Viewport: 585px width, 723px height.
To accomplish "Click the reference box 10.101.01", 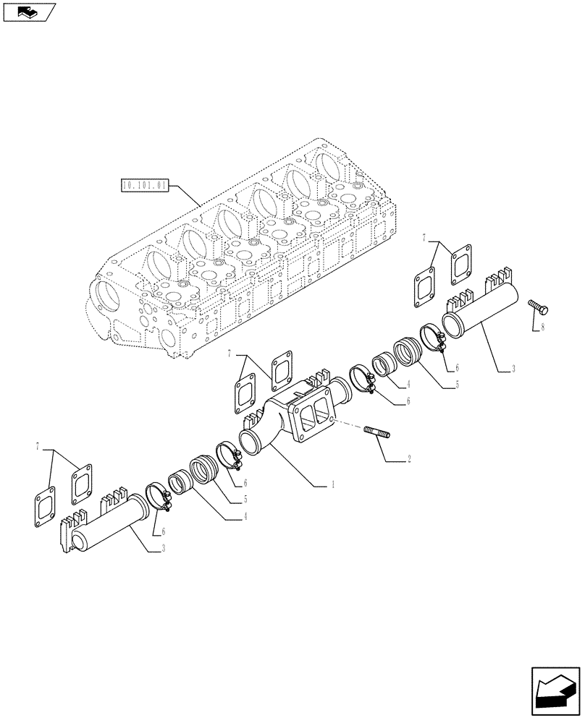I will tap(145, 185).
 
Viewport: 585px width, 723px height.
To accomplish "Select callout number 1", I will tap(332, 485).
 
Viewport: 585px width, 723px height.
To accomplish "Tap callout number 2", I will tap(410, 458).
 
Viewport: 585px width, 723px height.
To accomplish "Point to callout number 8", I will tap(542, 328).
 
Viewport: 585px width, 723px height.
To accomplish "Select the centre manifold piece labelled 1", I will tap(297, 419).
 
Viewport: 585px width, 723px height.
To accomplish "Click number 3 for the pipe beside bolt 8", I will tap(513, 369).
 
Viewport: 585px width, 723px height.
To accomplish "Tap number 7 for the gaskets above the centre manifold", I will tap(229, 354).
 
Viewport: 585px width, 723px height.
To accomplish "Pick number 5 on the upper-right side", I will tap(457, 386).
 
